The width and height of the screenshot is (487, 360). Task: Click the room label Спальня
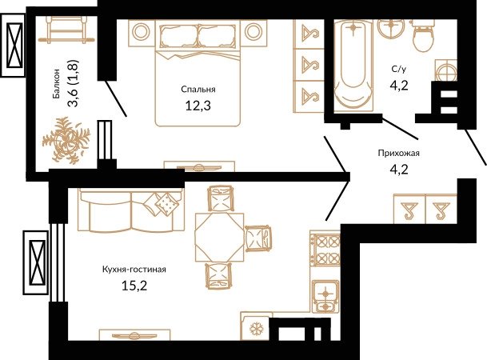(x=198, y=90)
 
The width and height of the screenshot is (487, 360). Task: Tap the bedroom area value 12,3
(x=198, y=106)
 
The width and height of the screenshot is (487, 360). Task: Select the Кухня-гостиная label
(x=134, y=270)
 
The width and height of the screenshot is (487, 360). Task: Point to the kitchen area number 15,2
(x=134, y=286)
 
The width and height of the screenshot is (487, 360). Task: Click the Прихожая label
(x=399, y=153)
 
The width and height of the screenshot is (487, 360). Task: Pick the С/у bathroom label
(x=399, y=69)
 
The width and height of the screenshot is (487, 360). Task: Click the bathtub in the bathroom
(x=353, y=66)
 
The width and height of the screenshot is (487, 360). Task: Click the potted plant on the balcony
(x=66, y=140)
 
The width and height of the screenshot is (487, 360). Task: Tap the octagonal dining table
(x=219, y=238)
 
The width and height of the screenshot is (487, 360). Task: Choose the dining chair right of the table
(x=257, y=238)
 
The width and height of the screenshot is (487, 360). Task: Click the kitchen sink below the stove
(x=325, y=296)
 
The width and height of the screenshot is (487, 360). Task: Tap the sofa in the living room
(x=130, y=210)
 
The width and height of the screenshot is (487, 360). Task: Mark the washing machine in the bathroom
(x=446, y=70)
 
